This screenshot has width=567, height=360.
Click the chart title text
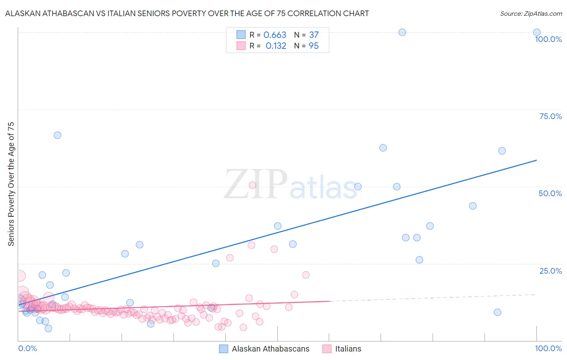(x=187, y=14)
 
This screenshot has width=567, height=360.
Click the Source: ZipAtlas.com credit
(x=531, y=14)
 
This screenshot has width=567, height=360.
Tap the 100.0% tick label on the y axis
(x=548, y=39)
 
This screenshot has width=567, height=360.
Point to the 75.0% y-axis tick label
(x=550, y=116)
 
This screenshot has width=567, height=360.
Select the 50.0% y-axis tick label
(x=550, y=193)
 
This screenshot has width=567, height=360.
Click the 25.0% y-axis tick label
(x=550, y=270)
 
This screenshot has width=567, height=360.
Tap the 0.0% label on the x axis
(x=27, y=348)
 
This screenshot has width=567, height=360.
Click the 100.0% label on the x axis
(x=548, y=348)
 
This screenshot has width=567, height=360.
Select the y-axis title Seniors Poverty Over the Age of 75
(x=11, y=184)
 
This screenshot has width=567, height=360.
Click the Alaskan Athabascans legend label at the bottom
(x=271, y=349)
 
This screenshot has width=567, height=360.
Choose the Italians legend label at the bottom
(x=348, y=349)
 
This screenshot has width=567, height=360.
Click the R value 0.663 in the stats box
(x=275, y=35)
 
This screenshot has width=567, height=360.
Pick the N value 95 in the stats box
(x=313, y=46)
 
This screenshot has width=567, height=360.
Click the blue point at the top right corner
(x=537, y=32)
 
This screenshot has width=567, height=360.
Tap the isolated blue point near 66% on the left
(x=57, y=135)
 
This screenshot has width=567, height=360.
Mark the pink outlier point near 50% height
(x=252, y=185)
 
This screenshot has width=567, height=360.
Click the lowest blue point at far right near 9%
(x=497, y=312)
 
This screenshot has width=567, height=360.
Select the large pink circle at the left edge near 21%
(x=19, y=276)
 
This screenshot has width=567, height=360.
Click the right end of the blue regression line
(x=536, y=160)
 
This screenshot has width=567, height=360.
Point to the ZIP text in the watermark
(x=255, y=185)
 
